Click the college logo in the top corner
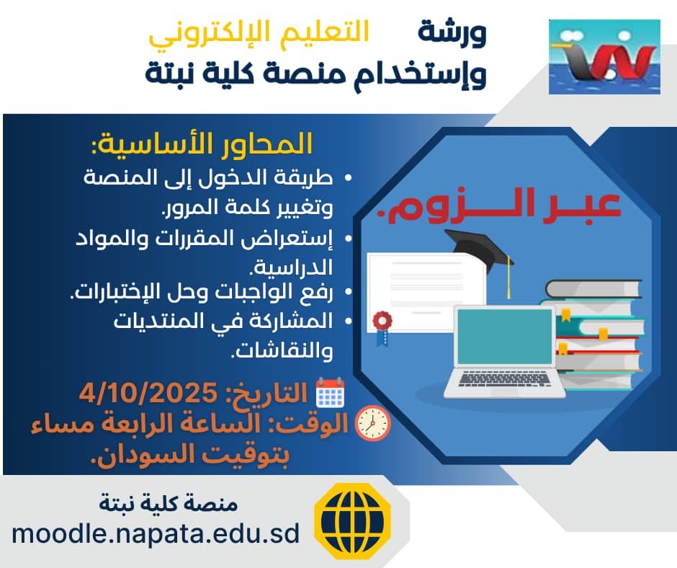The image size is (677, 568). pyautogui.click(x=604, y=57)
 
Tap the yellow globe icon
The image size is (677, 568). pyautogui.click(x=352, y=521)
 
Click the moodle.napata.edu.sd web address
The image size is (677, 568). pyautogui.click(x=156, y=533)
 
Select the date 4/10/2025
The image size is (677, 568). pyautogui.click(x=148, y=393)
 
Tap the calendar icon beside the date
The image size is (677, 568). pyautogui.click(x=331, y=393)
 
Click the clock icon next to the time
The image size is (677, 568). pyautogui.click(x=373, y=423)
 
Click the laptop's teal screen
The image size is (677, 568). pyautogui.click(x=505, y=337)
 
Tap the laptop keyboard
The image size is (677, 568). pyautogui.click(x=504, y=378)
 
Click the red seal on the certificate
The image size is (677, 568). pyautogui.click(x=382, y=321)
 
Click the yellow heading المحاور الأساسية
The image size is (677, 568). pyautogui.click(x=202, y=143)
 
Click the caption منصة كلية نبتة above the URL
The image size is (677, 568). pyautogui.click(x=169, y=502)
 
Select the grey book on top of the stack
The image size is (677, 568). pyautogui.click(x=593, y=289)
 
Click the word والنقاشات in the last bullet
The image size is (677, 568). pyautogui.click(x=283, y=350)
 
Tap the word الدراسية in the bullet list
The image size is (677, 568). pyautogui.click(x=292, y=267)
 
